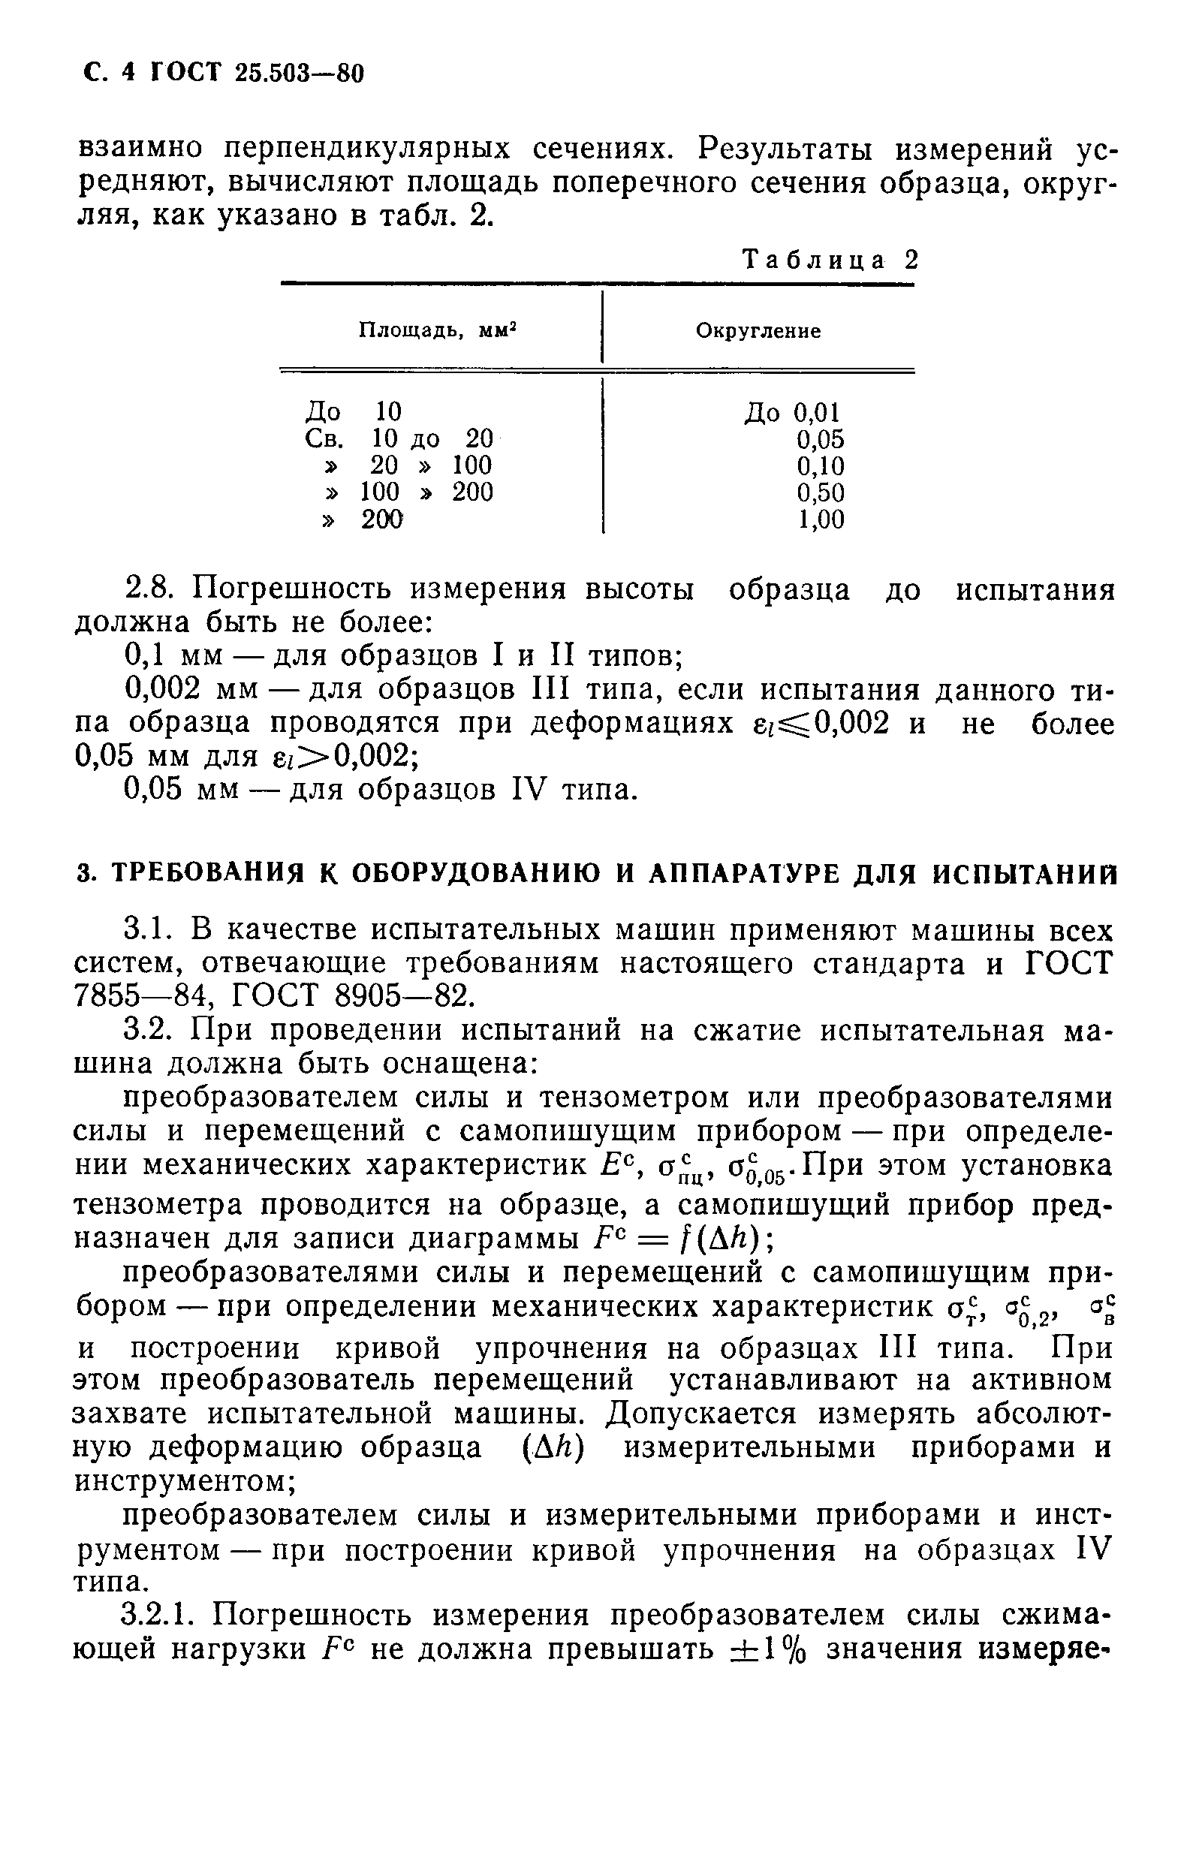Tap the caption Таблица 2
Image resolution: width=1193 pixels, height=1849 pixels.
[x=830, y=260]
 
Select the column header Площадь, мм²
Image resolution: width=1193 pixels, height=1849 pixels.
[x=438, y=332]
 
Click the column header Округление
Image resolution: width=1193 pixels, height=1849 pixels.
[x=758, y=332]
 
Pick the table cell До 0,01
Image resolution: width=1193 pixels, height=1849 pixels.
[x=793, y=413]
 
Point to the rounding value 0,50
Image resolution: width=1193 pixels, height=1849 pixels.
[x=821, y=492]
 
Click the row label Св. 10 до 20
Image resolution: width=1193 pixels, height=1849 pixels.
[x=399, y=439]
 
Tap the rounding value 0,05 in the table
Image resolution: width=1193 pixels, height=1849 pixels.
[x=821, y=440]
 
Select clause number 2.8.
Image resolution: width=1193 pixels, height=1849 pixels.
[x=151, y=590]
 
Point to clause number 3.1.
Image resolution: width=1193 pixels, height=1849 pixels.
[x=151, y=929]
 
